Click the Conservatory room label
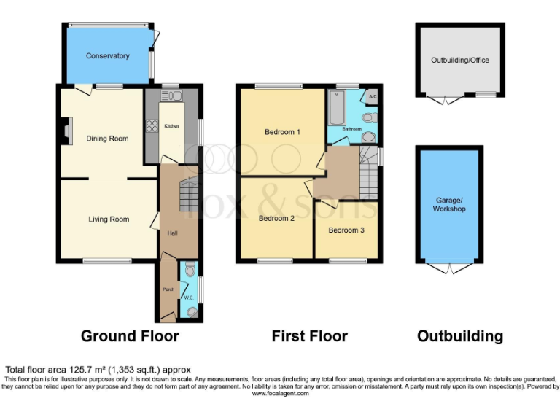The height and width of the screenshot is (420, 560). [107, 56]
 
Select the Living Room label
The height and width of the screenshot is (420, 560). [109, 219]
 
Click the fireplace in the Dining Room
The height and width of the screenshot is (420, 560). [66, 131]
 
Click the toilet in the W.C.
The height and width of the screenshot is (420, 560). [191, 270]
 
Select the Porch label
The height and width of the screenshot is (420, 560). [168, 289]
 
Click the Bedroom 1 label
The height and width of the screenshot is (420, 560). [282, 132]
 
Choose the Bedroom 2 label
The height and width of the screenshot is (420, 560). [276, 218]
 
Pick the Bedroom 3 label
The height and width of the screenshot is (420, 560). [346, 230]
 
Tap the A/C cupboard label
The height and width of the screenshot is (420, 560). [371, 96]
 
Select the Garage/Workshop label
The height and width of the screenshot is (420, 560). [448, 204]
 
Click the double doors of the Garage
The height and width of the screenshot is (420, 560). [448, 268]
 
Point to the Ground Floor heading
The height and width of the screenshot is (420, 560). [129, 336]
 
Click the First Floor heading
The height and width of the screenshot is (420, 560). [309, 336]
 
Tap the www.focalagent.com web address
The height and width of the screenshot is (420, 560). [281, 394]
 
